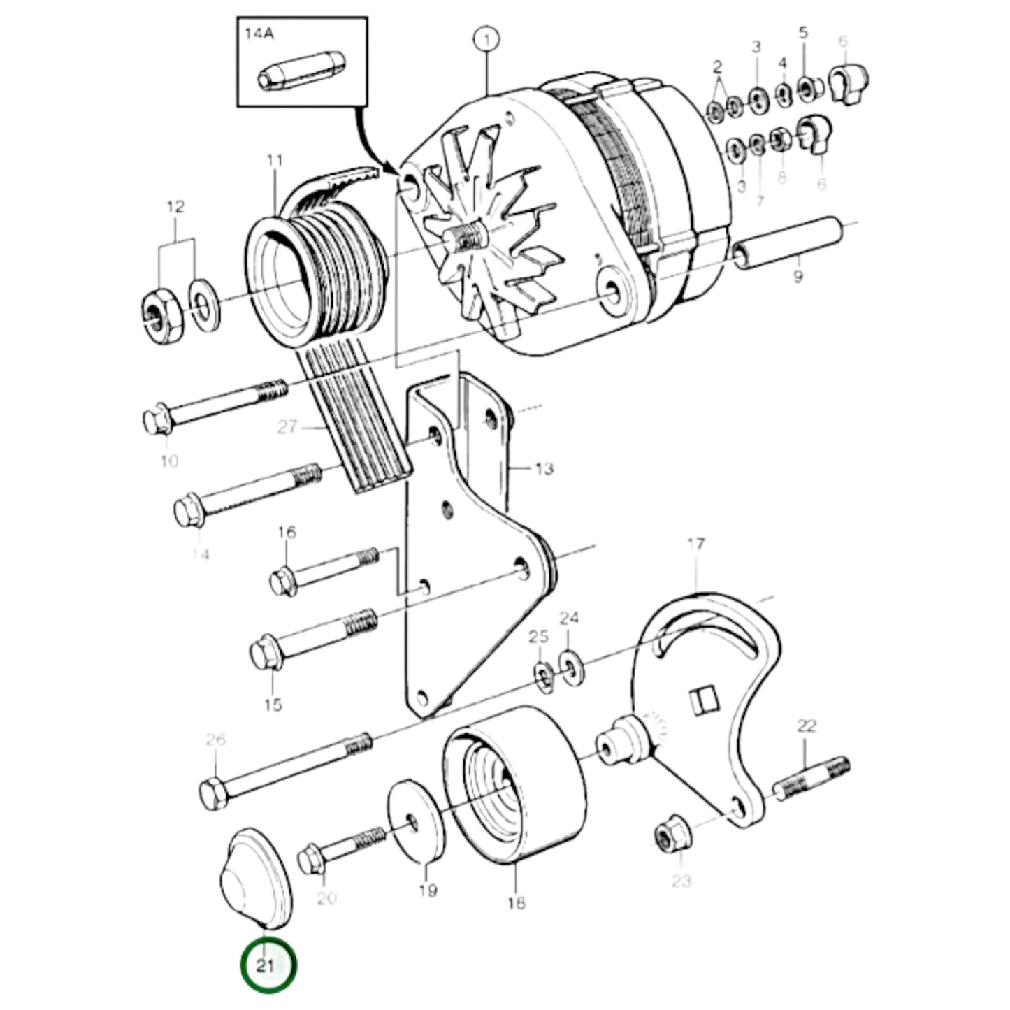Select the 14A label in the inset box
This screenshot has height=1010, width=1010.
(256, 32)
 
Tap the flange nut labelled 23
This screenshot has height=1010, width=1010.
(670, 835)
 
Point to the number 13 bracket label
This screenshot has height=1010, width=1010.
(543, 468)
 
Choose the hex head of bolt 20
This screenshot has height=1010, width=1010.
(311, 859)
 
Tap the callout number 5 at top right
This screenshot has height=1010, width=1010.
(803, 33)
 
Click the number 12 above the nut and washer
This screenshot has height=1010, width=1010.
(175, 206)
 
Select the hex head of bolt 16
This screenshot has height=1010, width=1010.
(284, 581)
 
